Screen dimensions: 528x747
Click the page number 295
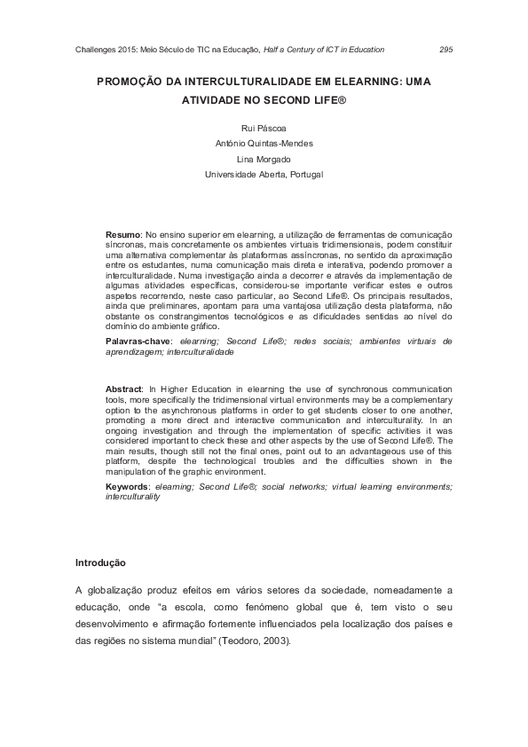[x=445, y=50]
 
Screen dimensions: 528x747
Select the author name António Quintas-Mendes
[x=264, y=144]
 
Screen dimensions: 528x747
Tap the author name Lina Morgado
[x=264, y=159]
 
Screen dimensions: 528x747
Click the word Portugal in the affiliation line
[x=304, y=175]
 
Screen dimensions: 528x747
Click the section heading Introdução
[x=100, y=562]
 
